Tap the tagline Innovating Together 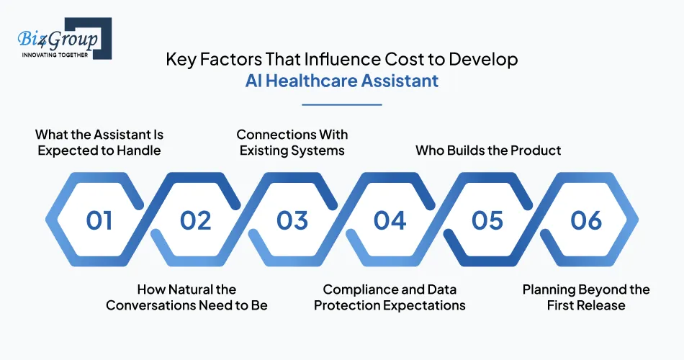point(55,55)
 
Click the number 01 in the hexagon point(99,220)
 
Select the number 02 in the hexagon point(196,220)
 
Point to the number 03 point(292,220)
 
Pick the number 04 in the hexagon point(390,220)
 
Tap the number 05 point(487,220)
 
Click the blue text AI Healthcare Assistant point(341,81)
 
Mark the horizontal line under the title point(341,104)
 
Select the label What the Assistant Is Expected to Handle point(99,143)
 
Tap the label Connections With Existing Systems point(292,143)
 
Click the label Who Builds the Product point(488,150)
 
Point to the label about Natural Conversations point(186,297)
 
